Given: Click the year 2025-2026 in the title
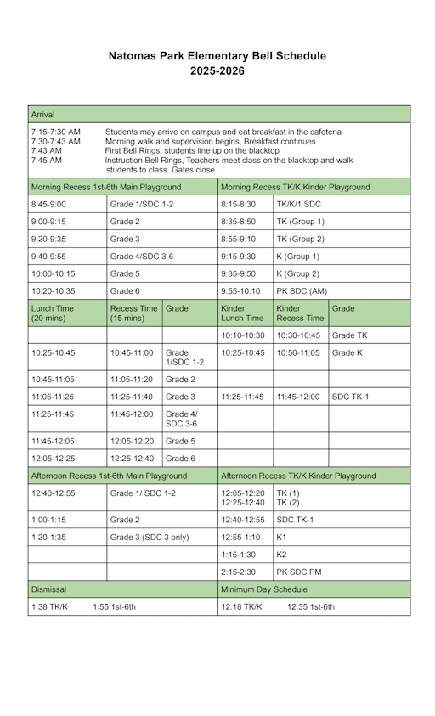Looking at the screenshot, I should (217, 71).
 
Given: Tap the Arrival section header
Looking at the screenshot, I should (42, 114).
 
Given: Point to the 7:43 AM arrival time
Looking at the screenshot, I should (46, 150).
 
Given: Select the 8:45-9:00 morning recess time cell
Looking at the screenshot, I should (48, 205).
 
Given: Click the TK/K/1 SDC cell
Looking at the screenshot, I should (301, 205).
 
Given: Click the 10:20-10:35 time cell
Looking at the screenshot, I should (54, 290).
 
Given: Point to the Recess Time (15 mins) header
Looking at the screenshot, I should (133, 313).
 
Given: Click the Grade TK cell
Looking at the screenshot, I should (349, 335).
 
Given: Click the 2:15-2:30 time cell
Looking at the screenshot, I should (240, 572).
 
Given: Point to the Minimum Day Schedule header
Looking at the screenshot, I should (263, 589).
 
